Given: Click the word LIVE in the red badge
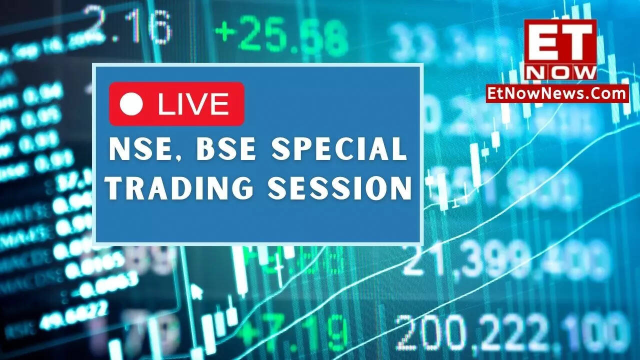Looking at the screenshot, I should coord(193,104).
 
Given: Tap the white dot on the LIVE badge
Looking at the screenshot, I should coord(132,104).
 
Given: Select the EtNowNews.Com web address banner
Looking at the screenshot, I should coord(557,93).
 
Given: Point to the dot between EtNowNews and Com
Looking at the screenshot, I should coord(591,97).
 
